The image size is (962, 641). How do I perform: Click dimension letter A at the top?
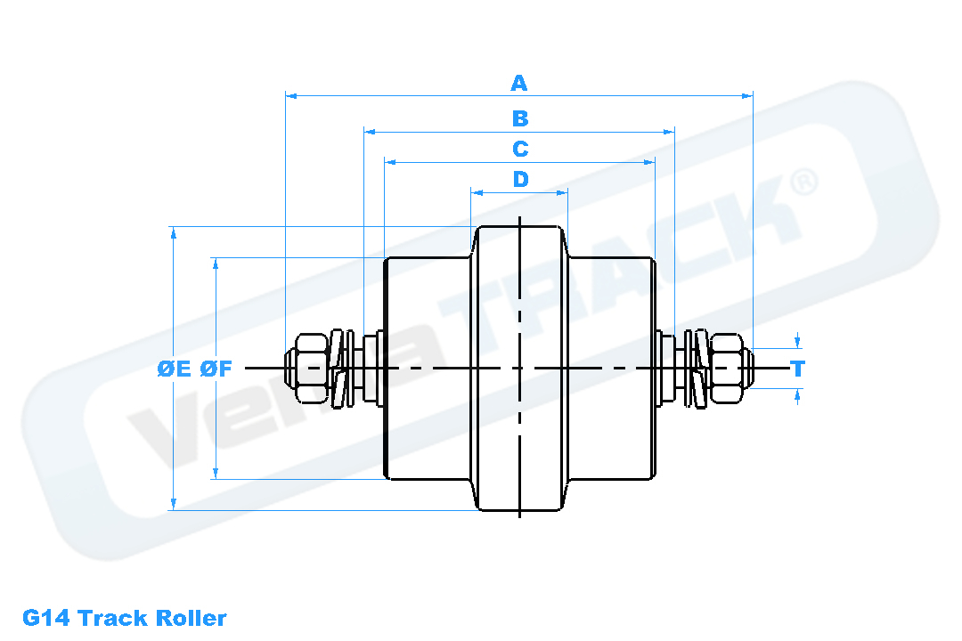click(519, 84)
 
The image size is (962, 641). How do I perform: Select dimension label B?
click(519, 118)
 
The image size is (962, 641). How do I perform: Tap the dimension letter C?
click(520, 149)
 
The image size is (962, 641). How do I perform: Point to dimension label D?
click(520, 179)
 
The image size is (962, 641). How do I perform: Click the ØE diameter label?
click(175, 369)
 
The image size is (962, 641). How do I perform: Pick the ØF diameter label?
click(216, 369)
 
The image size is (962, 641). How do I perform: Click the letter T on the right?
click(798, 369)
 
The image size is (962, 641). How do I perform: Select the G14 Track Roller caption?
click(125, 618)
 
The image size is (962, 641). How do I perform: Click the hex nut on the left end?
click(307, 368)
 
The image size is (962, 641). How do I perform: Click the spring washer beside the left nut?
click(337, 368)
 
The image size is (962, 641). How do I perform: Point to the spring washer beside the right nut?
click(699, 368)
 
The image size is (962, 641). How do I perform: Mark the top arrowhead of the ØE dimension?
click(174, 231)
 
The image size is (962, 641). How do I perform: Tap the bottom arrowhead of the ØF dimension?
click(216, 474)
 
